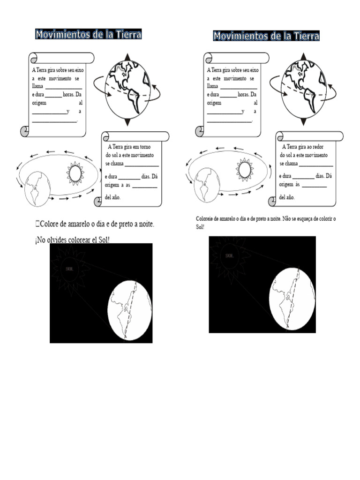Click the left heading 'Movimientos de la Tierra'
coord(88,34)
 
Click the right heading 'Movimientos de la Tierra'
coord(266,36)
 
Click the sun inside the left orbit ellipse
coord(75,173)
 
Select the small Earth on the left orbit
coord(37,188)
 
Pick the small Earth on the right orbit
coord(207,186)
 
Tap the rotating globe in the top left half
coord(127,89)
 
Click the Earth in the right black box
coord(292,300)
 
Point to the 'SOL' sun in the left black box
coord(71,269)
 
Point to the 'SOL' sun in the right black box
coord(230,256)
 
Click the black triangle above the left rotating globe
coord(127,57)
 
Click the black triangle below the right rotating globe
coord(304,122)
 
